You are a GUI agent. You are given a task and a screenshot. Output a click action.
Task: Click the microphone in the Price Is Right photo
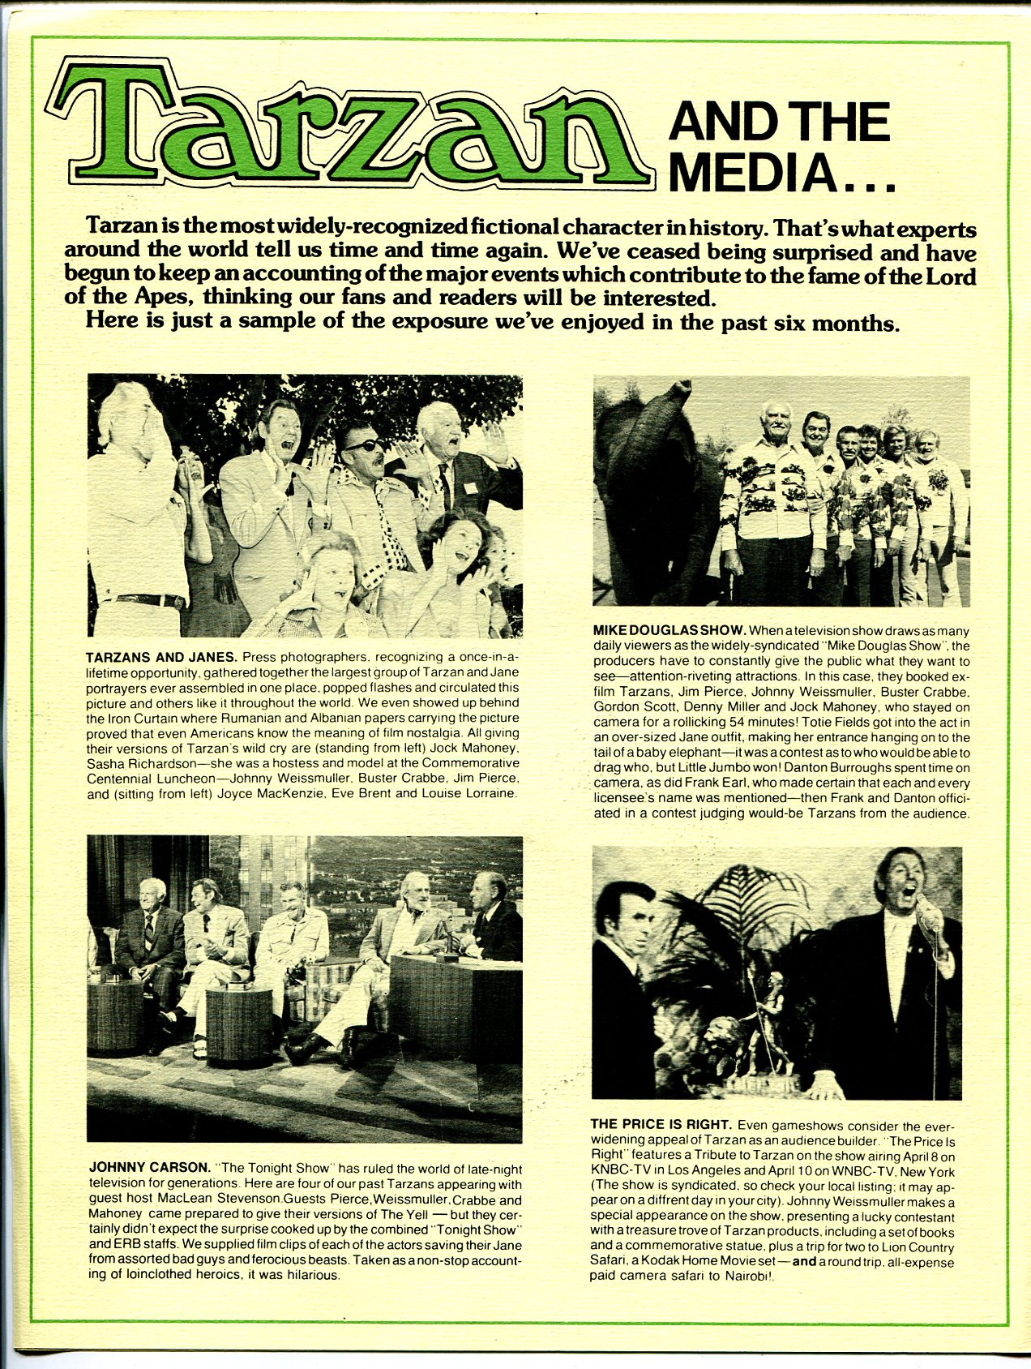pos(931,914)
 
